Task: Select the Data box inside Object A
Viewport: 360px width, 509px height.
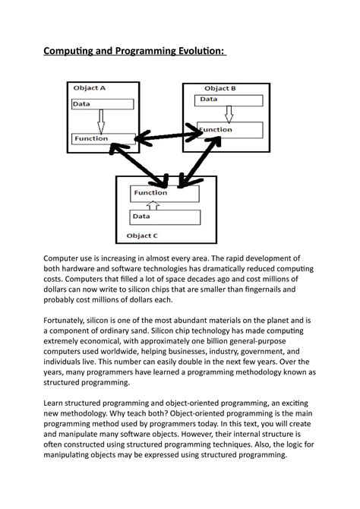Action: point(103,104)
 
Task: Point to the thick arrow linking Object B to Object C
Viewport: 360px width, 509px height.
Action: point(187,160)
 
